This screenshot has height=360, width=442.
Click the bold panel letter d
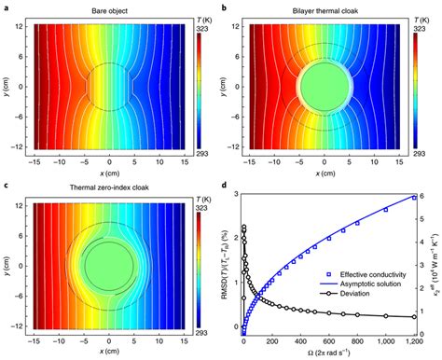pyautogui.click(x=228, y=184)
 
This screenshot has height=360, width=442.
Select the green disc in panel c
pyautogui.click(x=109, y=264)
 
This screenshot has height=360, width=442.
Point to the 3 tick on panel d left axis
pyautogui.click(x=235, y=195)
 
